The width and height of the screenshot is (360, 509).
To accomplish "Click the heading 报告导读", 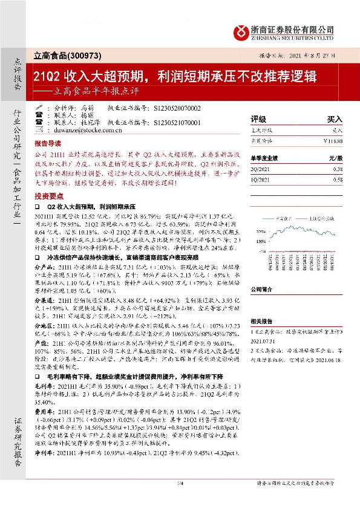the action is click(x=48, y=144).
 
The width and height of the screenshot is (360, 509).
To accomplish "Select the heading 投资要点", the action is click(x=48, y=196).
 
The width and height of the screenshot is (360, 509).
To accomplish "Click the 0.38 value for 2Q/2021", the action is click(x=337, y=170).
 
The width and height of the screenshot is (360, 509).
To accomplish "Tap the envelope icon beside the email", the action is click(x=40, y=129).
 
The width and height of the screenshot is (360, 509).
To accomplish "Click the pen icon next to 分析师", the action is click(x=40, y=108).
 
